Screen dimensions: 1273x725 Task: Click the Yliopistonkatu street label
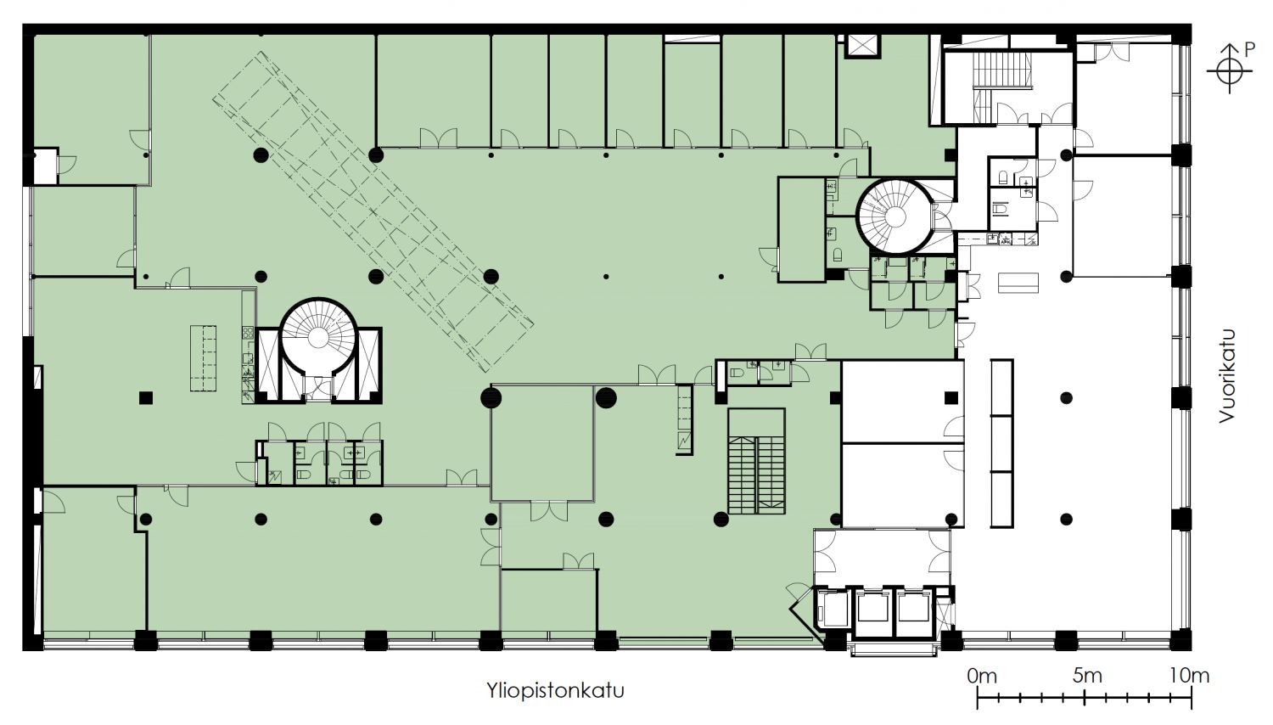pyautogui.click(x=555, y=690)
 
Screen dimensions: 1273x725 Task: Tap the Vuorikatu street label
pyautogui.click(x=1227, y=376)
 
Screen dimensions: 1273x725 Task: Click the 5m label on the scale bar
pyautogui.click(x=1087, y=676)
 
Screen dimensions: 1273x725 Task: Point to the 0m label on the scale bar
pyautogui.click(x=982, y=676)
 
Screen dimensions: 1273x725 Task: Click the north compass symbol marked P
pyautogui.click(x=1231, y=68)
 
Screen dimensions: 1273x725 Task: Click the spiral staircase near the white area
pyautogui.click(x=894, y=216)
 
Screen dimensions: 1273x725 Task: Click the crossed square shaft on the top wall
pyautogui.click(x=863, y=46)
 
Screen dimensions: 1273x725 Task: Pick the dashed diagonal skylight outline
pyautogui.click(x=373, y=211)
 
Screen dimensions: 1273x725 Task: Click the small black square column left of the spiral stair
pyautogui.click(x=146, y=398)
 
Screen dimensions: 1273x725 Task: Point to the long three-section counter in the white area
pyautogui.click(x=1002, y=443)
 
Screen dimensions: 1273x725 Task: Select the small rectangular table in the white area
pyautogui.click(x=1018, y=283)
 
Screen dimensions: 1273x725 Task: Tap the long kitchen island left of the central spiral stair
pyautogui.click(x=204, y=357)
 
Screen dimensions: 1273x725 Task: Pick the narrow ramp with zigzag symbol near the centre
pyautogui.click(x=684, y=420)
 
